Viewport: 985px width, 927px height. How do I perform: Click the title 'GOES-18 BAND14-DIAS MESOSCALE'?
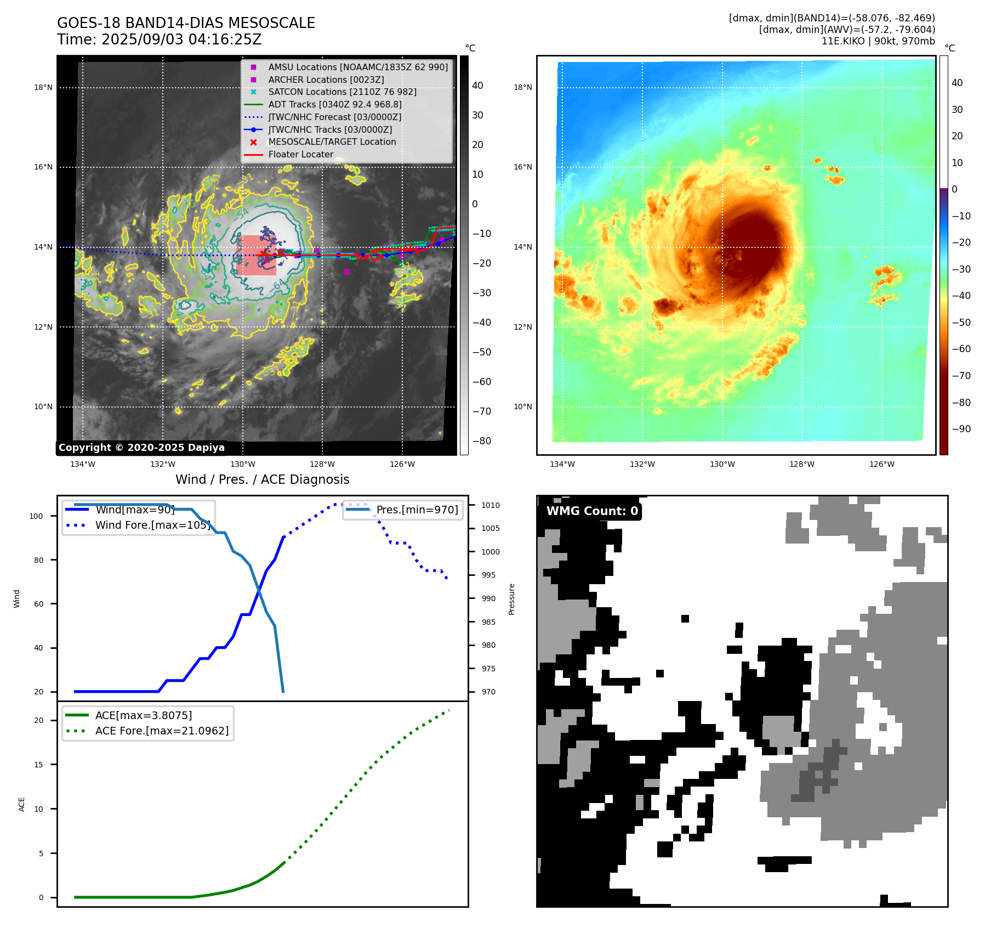coord(186,23)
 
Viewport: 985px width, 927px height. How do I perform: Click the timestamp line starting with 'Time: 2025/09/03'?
coord(159,39)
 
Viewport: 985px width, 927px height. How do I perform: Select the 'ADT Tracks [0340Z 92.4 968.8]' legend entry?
coord(334,104)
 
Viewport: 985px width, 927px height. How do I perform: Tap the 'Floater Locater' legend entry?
coord(300,154)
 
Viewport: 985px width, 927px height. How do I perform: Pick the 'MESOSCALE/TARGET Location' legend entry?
coord(332,142)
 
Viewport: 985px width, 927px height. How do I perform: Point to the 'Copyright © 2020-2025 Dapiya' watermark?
coord(141,448)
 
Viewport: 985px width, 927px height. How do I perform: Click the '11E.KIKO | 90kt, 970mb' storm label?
coord(878,41)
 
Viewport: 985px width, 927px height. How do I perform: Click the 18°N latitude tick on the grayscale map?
coord(43,87)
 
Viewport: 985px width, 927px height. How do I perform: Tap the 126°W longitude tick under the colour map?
coord(881,464)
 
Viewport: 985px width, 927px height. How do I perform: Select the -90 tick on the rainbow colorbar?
coord(961,429)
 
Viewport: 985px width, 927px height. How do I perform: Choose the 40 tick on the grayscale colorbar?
coord(477,86)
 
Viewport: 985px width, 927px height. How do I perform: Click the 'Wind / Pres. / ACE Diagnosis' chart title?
coord(262,479)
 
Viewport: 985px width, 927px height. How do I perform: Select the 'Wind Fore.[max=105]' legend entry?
coord(152,525)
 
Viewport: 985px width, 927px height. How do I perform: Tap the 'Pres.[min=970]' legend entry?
coord(417,510)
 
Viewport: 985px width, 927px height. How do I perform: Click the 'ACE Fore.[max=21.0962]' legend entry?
coord(162,731)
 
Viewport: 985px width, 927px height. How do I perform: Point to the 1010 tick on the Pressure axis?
coord(491,505)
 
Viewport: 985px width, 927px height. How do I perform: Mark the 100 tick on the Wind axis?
coord(36,516)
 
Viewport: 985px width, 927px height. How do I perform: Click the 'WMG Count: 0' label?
coord(592,511)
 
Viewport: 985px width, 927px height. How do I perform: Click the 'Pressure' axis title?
coord(511,599)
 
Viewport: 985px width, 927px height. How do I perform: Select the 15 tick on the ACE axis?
coord(38,765)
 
